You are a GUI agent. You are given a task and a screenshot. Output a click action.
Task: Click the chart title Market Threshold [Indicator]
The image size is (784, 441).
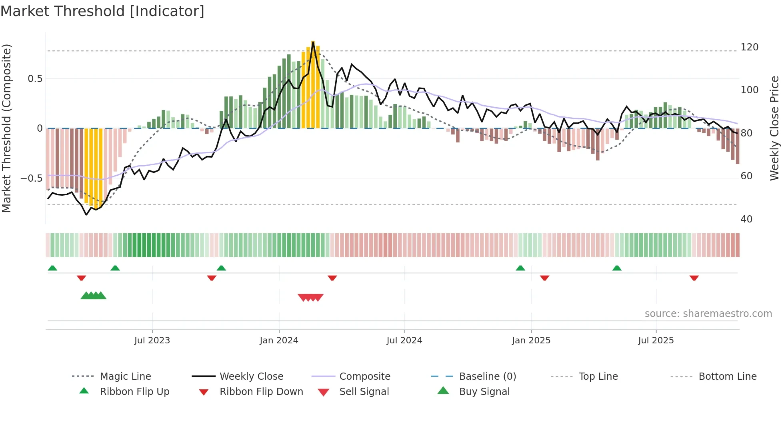coord(102,11)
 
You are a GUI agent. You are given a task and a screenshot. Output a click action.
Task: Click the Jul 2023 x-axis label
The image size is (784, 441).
coord(152,341)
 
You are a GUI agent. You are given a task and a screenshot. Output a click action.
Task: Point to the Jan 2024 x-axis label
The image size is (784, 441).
coord(279,341)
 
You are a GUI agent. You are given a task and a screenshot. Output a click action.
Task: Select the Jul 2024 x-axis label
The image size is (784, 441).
coord(404,341)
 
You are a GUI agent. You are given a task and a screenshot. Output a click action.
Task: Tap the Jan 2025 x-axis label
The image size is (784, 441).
coord(531,341)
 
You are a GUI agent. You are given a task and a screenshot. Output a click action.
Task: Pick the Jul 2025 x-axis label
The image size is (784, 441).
coord(656,341)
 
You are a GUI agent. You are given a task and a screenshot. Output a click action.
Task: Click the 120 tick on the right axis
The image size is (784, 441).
coord(749,47)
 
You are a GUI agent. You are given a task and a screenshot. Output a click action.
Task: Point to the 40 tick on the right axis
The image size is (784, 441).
coord(746,219)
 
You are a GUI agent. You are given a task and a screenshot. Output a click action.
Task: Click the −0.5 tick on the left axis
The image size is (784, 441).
coord(32,178)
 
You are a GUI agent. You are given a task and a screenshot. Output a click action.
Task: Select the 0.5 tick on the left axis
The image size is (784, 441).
coord(35,79)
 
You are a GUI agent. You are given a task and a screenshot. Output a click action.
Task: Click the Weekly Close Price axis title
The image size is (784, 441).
coord(774,128)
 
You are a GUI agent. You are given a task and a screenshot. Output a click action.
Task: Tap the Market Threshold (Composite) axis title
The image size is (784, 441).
coord(6,128)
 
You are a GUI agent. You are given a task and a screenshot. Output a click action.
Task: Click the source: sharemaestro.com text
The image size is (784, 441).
coord(708,314)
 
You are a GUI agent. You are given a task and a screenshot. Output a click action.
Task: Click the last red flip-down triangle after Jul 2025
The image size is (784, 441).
coord(694,278)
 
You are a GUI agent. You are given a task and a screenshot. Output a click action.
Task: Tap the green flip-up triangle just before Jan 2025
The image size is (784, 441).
coord(520,268)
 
